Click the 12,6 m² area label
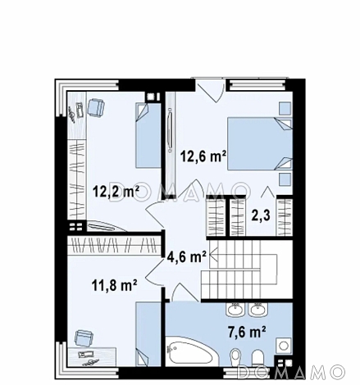(x=203, y=157)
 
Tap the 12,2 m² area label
(x=116, y=191)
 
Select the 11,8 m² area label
(x=115, y=286)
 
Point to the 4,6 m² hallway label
(x=186, y=257)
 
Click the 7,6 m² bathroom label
(x=247, y=333)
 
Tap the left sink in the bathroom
(x=235, y=310)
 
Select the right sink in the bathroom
(x=257, y=310)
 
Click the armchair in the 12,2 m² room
(x=96, y=107)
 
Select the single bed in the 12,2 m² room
(x=148, y=135)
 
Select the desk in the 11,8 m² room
(x=93, y=356)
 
